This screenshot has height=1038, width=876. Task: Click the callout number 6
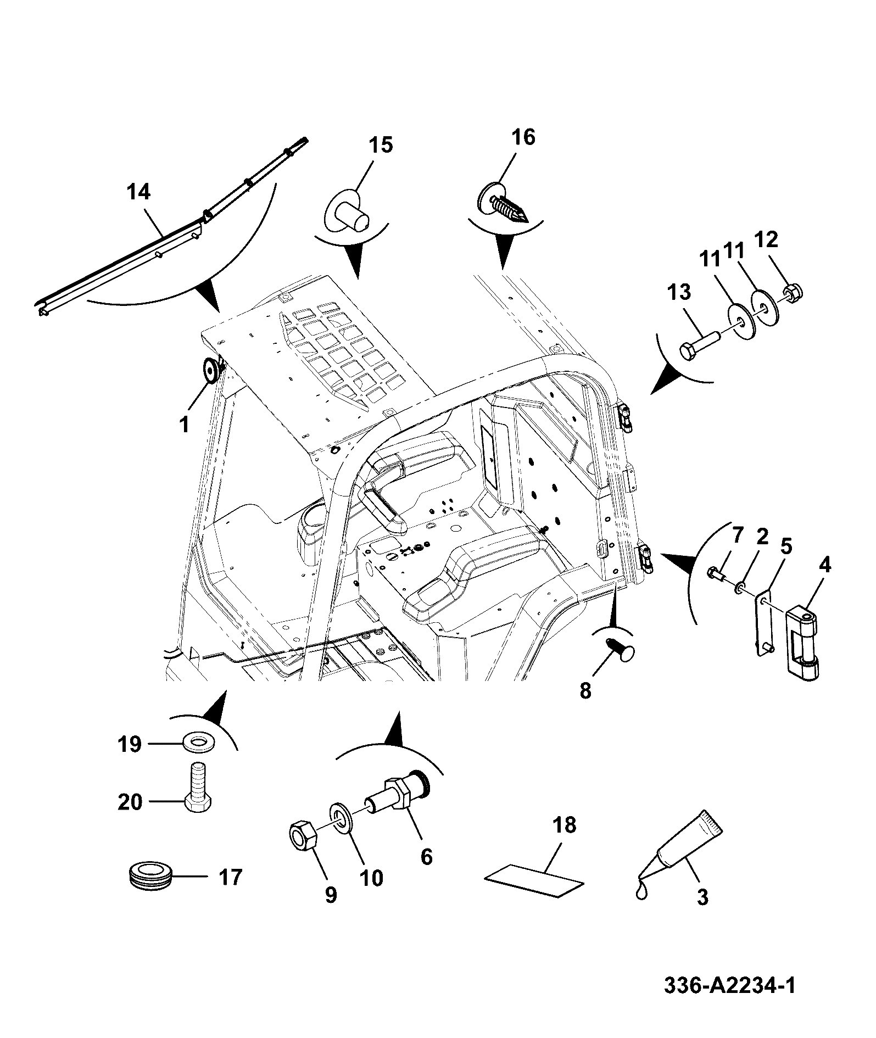pyautogui.click(x=427, y=856)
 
